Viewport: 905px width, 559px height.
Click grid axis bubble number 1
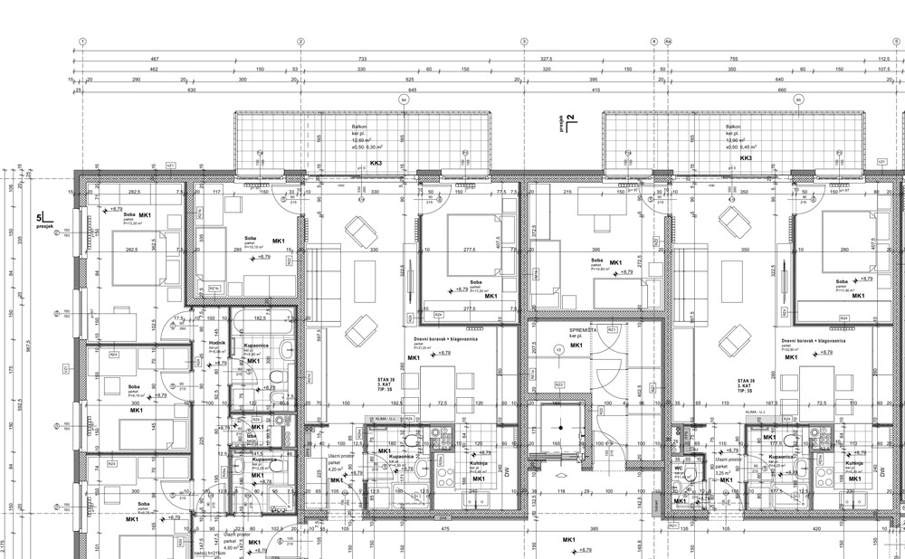(x=82, y=42)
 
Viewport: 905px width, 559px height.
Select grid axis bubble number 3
(x=523, y=42)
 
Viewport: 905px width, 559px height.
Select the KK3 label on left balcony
(x=376, y=164)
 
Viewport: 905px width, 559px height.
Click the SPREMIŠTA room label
(x=582, y=331)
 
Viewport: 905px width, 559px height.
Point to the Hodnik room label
(x=216, y=344)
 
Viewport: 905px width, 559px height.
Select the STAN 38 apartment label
(x=388, y=381)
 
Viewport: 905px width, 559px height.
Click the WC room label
(x=678, y=468)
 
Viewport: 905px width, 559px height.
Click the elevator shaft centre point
(x=560, y=431)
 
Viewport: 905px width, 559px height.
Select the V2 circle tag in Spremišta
(x=558, y=348)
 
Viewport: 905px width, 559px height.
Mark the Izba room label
(x=251, y=435)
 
